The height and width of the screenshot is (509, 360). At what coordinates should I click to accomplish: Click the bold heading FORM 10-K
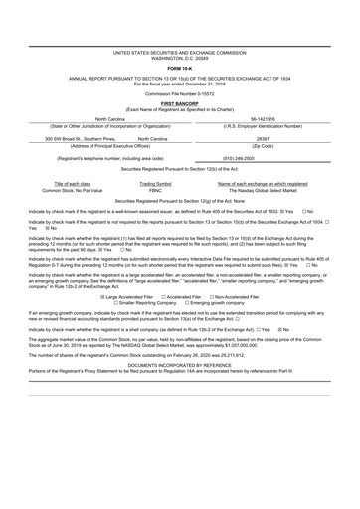coord(180,68)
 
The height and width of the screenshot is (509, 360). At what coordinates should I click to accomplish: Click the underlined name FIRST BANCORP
coord(180,102)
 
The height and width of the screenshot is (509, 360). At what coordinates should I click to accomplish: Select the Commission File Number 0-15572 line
coord(180,93)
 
